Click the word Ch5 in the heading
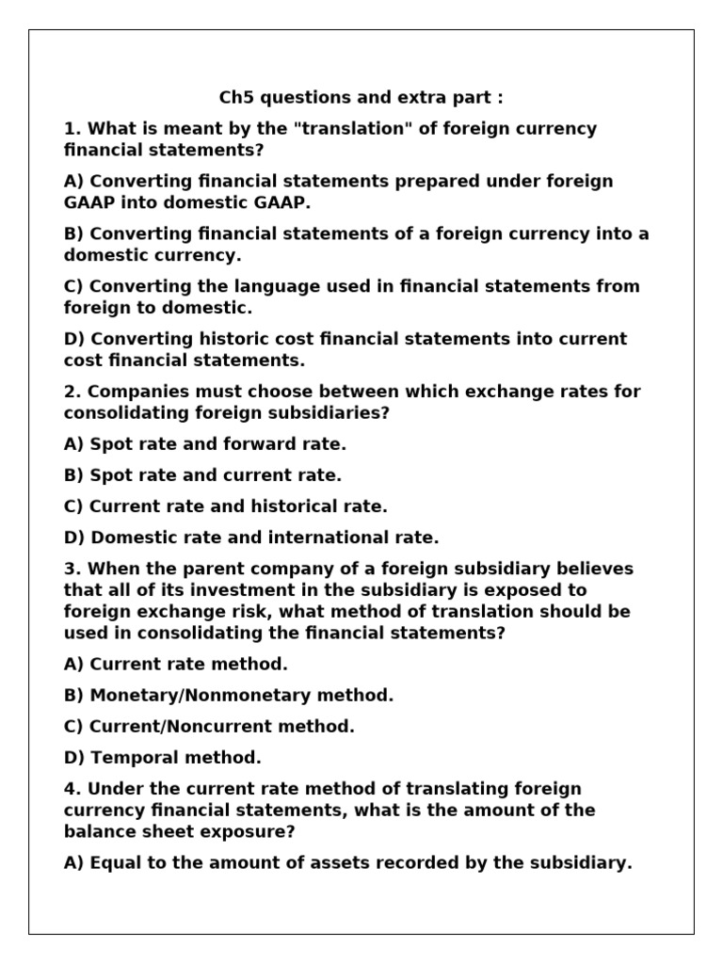point(235,98)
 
